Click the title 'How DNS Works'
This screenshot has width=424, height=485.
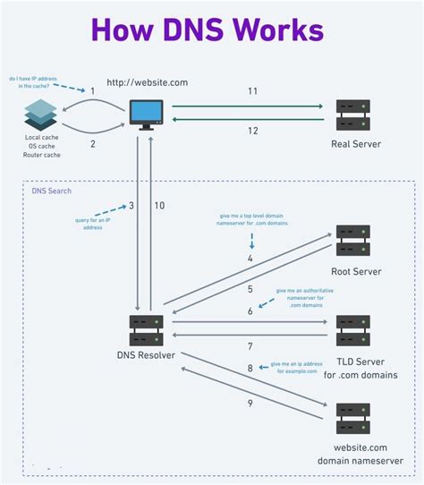pyautogui.click(x=212, y=30)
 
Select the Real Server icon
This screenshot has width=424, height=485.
pyautogui.click(x=353, y=114)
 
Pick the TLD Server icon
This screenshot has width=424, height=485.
pyautogui.click(x=353, y=332)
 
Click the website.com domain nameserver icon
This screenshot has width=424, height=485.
pyautogui.click(x=352, y=418)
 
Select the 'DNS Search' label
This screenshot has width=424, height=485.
pyautogui.click(x=51, y=191)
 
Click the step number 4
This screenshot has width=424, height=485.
pyautogui.click(x=250, y=259)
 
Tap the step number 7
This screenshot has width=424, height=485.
pyautogui.click(x=250, y=345)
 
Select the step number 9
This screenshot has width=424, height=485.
pyautogui.click(x=250, y=404)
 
